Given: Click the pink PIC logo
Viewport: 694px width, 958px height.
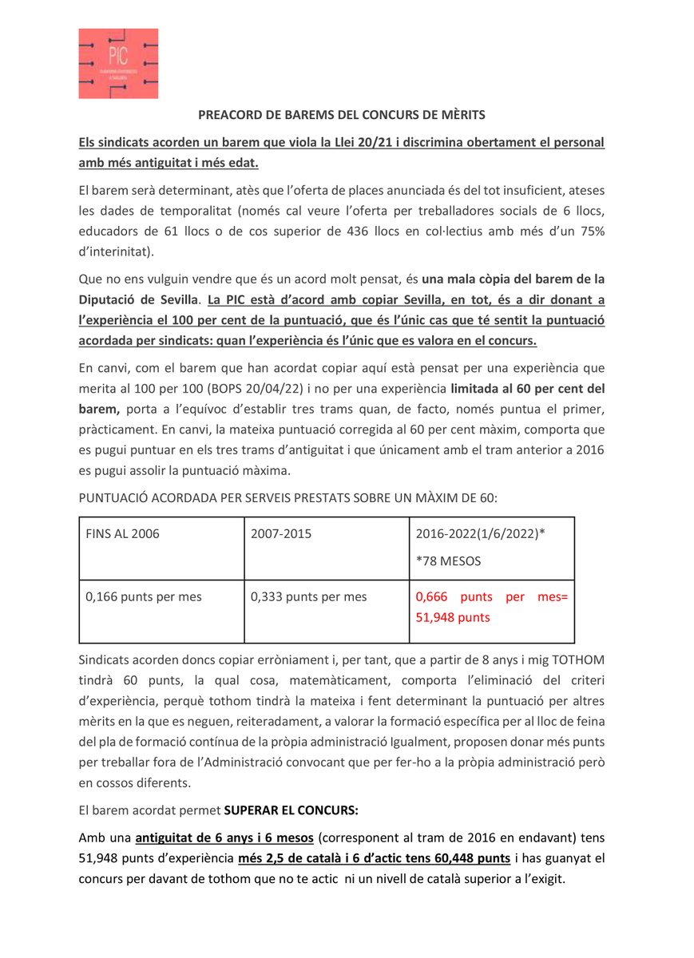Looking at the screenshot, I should pyautogui.click(x=117, y=63).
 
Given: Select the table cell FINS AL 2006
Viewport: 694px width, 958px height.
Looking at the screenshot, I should pyautogui.click(x=122, y=534).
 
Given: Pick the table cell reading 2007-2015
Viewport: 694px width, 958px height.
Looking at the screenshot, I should pyautogui.click(x=281, y=534).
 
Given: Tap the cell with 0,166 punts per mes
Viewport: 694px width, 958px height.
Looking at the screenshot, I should pyautogui.click(x=133, y=596).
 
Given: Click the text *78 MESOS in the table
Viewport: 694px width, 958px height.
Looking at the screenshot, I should pyautogui.click(x=448, y=560).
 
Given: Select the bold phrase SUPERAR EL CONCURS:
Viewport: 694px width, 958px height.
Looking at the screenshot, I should pyautogui.click(x=291, y=809).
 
